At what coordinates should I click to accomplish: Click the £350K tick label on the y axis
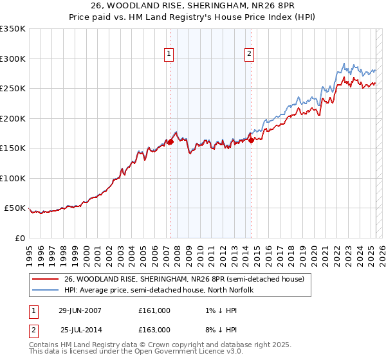[13, 29]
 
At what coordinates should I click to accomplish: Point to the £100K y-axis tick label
[13, 178]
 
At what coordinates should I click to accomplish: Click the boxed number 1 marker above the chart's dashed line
[169, 54]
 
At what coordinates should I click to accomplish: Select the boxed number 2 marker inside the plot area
[249, 54]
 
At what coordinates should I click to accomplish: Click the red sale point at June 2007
[171, 142]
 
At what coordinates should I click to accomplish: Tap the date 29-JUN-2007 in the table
[80, 310]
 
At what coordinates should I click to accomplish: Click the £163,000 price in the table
[154, 330]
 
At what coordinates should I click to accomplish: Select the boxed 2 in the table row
[33, 330]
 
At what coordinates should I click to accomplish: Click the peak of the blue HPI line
[345, 64]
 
